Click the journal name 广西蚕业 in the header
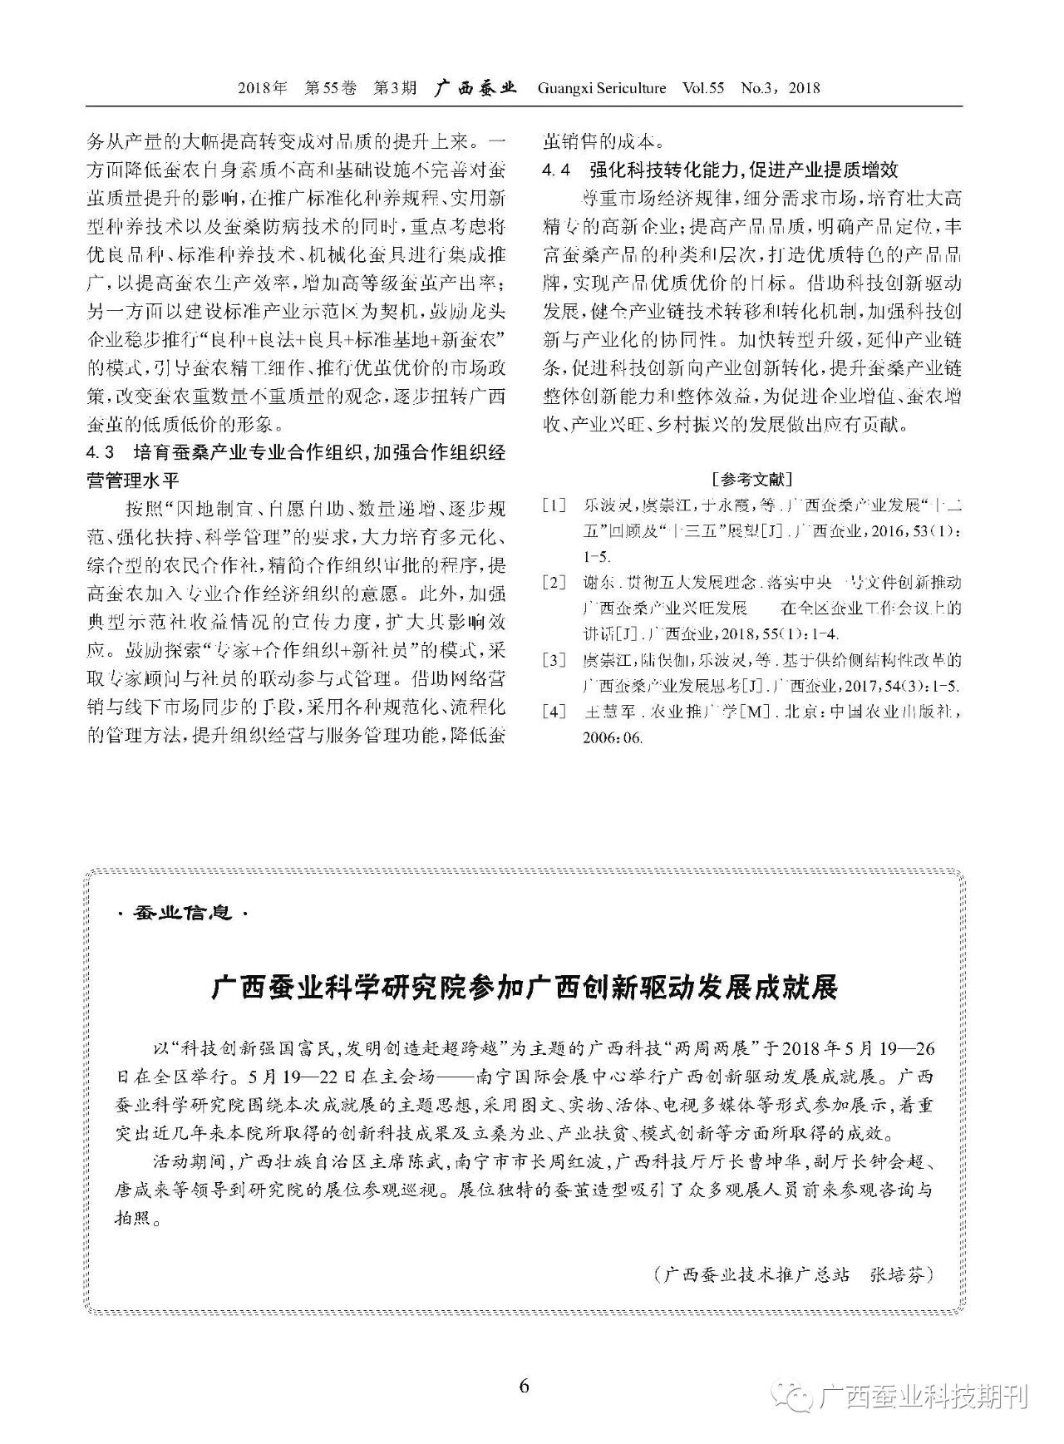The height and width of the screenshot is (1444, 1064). click(475, 88)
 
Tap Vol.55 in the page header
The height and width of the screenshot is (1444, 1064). click(702, 88)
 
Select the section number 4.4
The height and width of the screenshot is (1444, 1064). click(556, 170)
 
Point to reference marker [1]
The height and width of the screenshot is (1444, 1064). click(554, 505)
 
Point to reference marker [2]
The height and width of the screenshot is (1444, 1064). click(554, 583)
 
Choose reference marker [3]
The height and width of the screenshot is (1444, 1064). click(554, 661)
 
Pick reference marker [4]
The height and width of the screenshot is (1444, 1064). click(554, 712)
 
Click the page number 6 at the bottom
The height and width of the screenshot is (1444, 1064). click(524, 1386)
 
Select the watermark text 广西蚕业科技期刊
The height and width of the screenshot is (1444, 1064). click(924, 1397)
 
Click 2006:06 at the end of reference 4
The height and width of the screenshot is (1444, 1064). click(613, 738)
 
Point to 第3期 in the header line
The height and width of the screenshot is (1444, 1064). click(395, 88)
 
